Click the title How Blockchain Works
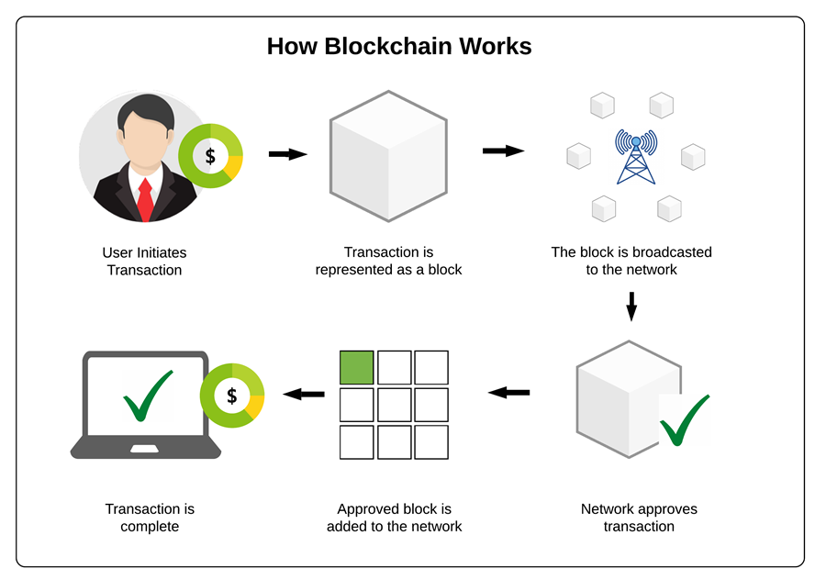pyautogui.click(x=399, y=46)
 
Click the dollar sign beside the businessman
pyautogui.click(x=210, y=156)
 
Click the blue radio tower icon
pyautogui.click(x=636, y=158)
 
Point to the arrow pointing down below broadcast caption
pyautogui.click(x=631, y=307)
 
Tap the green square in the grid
pyautogui.click(x=357, y=367)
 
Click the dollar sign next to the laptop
pyautogui.click(x=232, y=396)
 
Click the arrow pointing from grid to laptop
pyautogui.click(x=304, y=394)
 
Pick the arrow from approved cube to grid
pyautogui.click(x=508, y=393)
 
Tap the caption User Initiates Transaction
pyautogui.click(x=144, y=261)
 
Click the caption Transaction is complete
pyautogui.click(x=150, y=518)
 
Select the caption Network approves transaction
pyautogui.click(x=639, y=518)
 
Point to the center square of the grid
pyautogui.click(x=394, y=405)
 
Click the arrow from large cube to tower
pyautogui.click(x=502, y=151)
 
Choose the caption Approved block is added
pyautogui.click(x=394, y=518)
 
